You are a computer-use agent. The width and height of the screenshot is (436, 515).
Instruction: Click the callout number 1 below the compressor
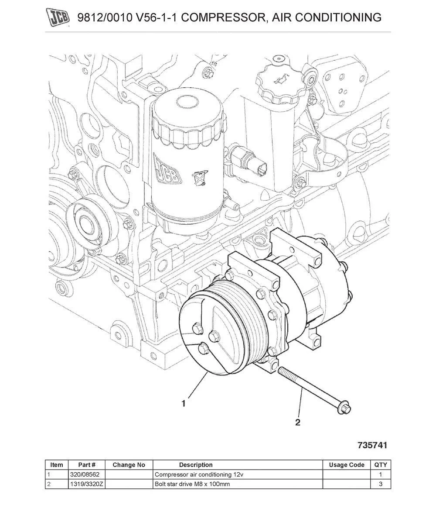coord(184,404)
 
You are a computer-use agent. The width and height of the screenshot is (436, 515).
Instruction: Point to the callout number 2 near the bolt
coord(298,422)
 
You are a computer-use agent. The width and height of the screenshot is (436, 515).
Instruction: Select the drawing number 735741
coord(372,445)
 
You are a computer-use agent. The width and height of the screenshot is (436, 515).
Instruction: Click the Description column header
coord(196,465)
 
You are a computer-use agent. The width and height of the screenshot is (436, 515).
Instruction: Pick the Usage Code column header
coord(347,465)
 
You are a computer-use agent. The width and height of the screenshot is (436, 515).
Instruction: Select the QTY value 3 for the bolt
coord(381,484)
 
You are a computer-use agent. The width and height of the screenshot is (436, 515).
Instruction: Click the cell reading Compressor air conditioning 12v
coord(196,474)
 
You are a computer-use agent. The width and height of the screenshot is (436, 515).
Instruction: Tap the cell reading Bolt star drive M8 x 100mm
coord(192,484)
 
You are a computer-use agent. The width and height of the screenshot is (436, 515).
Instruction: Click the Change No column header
coord(129,465)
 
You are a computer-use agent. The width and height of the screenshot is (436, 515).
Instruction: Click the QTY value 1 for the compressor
coord(381,474)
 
